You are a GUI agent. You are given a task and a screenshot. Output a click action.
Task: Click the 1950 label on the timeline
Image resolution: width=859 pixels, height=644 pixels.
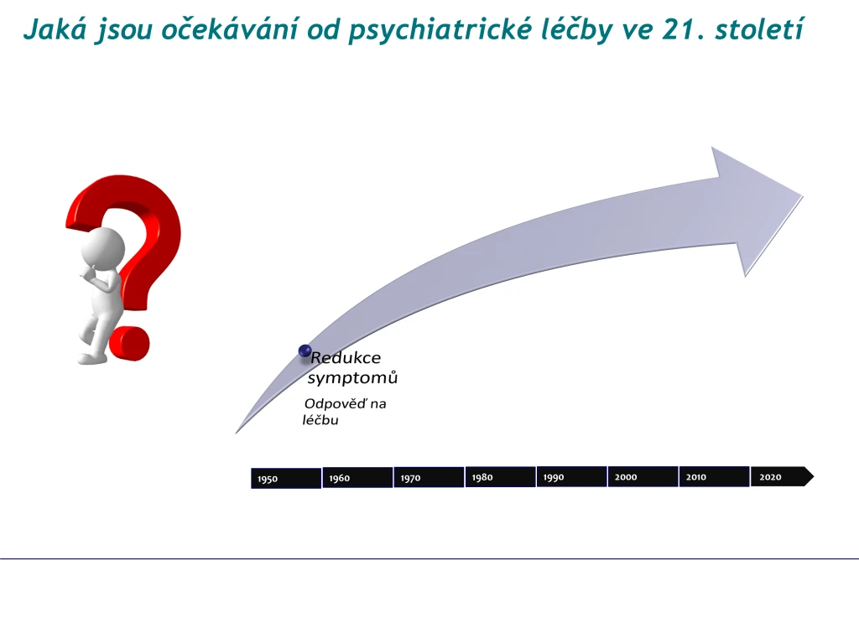click(x=268, y=479)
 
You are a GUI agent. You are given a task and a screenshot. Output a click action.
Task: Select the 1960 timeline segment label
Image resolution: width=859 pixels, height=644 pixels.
click(x=340, y=478)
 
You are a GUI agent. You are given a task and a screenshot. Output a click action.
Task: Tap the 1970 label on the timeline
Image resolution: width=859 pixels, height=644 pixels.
click(x=411, y=478)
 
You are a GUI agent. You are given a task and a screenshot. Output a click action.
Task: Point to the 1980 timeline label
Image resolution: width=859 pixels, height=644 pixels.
click(x=482, y=477)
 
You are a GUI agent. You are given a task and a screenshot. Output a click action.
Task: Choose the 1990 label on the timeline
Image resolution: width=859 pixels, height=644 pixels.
click(x=554, y=477)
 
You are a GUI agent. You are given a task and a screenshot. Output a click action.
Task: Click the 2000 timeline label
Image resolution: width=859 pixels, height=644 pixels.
click(x=626, y=477)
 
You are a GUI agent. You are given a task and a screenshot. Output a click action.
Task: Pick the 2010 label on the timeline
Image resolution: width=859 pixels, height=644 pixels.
click(x=696, y=477)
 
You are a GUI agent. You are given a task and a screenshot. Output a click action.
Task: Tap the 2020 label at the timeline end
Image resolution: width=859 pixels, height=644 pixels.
click(x=770, y=477)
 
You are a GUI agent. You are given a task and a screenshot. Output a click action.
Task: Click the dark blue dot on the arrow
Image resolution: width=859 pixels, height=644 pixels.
click(x=305, y=351)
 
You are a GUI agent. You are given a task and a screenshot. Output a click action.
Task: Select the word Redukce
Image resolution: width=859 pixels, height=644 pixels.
click(x=346, y=357)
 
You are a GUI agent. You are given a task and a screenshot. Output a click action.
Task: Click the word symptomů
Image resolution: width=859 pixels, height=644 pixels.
click(x=352, y=378)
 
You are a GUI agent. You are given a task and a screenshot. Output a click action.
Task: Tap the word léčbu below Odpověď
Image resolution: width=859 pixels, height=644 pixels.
click(x=320, y=420)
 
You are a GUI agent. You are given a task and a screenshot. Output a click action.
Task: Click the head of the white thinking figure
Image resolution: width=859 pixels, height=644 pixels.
click(x=103, y=248)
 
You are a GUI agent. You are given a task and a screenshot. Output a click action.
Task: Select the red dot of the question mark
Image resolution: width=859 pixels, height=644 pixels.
click(x=129, y=344)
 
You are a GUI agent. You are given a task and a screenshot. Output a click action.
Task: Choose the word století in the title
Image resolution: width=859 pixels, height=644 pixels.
click(x=759, y=29)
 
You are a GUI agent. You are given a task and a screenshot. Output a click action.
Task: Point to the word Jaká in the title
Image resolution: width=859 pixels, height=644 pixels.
click(x=55, y=30)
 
